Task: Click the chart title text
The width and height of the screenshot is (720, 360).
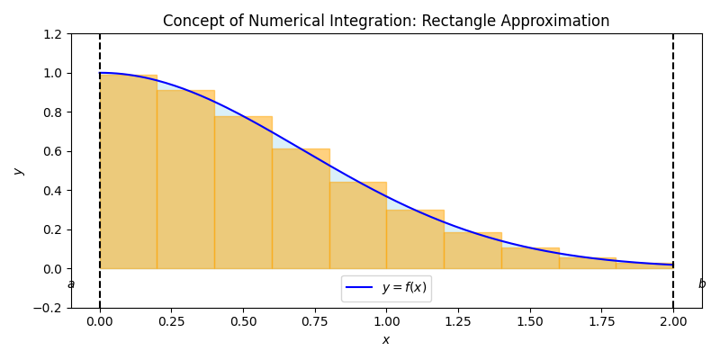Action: (x=386, y=21)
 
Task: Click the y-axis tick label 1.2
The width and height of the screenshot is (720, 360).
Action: (x=51, y=34)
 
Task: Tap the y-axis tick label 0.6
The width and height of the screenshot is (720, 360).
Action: (x=51, y=151)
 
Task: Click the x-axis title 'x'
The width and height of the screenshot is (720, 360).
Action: (x=386, y=339)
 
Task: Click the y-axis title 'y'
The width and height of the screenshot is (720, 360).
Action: (x=17, y=171)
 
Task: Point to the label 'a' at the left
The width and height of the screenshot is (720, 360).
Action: (x=71, y=284)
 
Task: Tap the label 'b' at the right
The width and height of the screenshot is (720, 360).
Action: (x=702, y=284)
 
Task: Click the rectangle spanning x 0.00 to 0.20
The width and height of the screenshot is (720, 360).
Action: (x=129, y=180)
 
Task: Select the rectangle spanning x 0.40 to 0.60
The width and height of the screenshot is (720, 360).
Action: (x=243, y=198)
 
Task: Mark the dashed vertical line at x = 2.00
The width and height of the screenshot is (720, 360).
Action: (x=673, y=135)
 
